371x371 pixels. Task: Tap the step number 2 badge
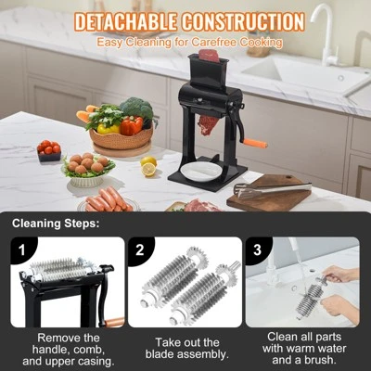coord(139,250)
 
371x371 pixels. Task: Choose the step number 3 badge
coord(257,250)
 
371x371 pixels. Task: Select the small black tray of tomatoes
coord(48,151)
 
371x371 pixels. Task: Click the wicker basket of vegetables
coord(121,137)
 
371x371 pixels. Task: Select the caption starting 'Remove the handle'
coord(67,351)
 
